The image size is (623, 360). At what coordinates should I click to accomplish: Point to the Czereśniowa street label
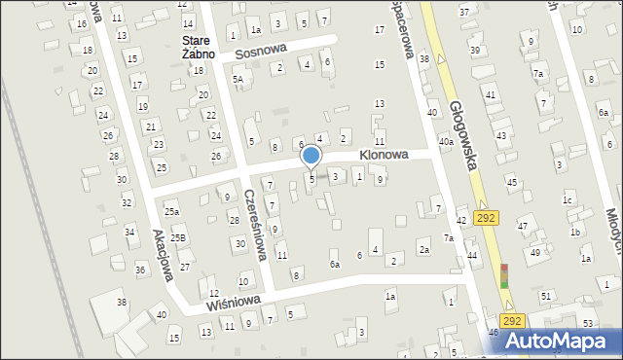point(255,225)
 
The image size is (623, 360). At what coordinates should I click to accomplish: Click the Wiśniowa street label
point(232,302)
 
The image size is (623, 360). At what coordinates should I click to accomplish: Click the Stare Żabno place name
point(197,47)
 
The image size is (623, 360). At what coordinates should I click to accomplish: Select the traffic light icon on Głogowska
point(504,276)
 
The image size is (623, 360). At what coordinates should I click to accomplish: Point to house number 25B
point(177,237)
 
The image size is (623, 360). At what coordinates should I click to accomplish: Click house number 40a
point(446,142)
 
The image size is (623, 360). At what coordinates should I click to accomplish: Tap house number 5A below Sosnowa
point(237,79)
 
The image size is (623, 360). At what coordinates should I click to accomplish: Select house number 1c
point(567,200)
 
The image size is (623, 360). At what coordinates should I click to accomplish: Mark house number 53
point(588,322)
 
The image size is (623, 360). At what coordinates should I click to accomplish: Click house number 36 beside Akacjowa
point(139,270)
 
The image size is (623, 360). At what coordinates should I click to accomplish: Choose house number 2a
point(424,250)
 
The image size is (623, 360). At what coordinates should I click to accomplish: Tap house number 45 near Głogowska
point(511,182)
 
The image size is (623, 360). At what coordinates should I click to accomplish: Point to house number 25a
point(171,211)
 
